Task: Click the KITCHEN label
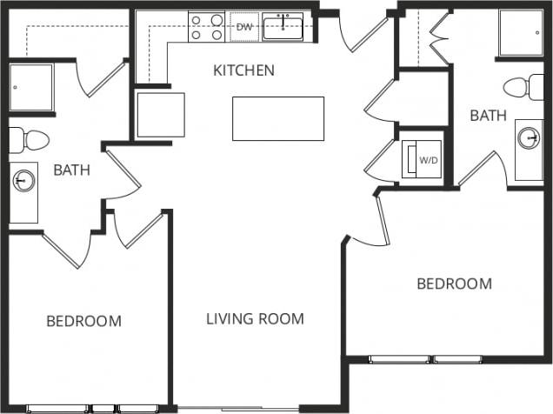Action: tap(243, 70)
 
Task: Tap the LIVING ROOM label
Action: tap(255, 319)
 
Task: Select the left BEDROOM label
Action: tap(83, 321)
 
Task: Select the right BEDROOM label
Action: tap(454, 284)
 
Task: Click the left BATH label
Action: tap(72, 170)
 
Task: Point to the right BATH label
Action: tap(487, 115)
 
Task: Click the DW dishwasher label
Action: tap(244, 27)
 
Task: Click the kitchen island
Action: tap(277, 118)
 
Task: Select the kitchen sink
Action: tap(283, 28)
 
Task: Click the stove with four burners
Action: tap(207, 27)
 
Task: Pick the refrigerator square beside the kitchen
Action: tap(161, 115)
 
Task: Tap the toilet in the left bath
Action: tap(30, 139)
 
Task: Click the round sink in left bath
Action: tap(24, 181)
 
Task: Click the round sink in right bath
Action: tap(528, 137)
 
